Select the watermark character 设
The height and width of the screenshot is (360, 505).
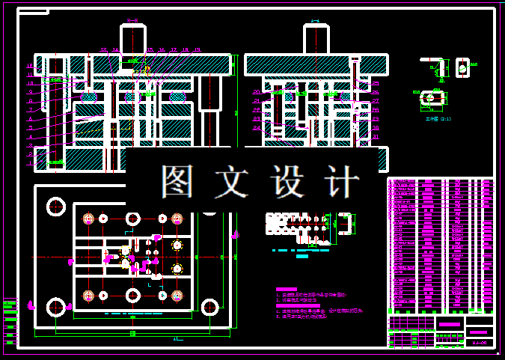290,180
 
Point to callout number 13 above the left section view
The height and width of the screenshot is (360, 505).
104,50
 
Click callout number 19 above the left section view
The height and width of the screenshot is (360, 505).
197,50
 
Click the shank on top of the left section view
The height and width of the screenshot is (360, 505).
133,39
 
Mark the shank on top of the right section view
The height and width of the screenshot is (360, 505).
316,39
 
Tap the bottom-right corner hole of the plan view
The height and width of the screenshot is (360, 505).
209,306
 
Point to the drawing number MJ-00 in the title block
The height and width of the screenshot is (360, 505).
479,342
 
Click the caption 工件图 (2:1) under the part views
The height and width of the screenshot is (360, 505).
433,118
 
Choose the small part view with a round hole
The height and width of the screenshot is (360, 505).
462,68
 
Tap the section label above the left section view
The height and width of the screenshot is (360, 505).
132,21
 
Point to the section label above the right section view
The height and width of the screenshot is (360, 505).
316,21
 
